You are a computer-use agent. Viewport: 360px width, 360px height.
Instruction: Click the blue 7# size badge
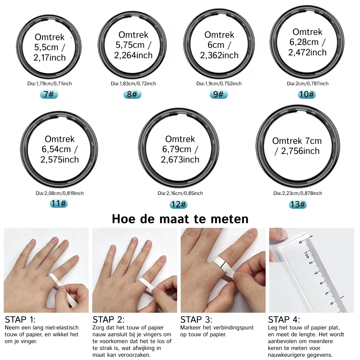[x=49, y=94]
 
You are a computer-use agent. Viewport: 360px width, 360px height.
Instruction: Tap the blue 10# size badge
[x=307, y=94]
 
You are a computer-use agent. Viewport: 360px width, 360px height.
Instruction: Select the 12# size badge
[x=178, y=204]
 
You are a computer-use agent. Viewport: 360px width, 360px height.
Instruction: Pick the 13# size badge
[x=298, y=204]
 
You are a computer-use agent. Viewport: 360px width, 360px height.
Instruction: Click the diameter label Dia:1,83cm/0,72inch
[x=133, y=83]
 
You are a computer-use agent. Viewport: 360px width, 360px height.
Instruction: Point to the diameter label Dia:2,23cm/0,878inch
[x=297, y=193]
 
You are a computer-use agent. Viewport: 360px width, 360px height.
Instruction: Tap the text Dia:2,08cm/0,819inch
[x=60, y=193]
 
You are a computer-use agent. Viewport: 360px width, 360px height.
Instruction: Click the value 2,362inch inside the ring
[x=219, y=55]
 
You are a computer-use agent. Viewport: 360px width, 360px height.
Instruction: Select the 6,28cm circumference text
[x=304, y=42]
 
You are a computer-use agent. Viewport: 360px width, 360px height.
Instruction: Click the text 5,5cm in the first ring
[x=46, y=47]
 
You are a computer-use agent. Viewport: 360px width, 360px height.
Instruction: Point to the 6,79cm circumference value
[x=177, y=149]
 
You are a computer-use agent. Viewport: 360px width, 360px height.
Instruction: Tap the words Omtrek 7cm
[x=297, y=141]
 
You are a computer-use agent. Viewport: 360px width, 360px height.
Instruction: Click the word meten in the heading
[x=229, y=219]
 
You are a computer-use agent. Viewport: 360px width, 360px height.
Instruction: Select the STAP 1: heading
[x=20, y=320]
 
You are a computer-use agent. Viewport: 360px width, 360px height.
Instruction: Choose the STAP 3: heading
[x=196, y=320]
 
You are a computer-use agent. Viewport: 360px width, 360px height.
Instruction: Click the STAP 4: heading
[x=284, y=320]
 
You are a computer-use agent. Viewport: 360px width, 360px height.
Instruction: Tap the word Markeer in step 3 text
[x=191, y=328]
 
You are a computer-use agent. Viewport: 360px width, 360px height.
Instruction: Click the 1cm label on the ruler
[x=306, y=255]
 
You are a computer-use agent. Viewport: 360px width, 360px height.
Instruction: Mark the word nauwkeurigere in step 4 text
[x=288, y=355]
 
